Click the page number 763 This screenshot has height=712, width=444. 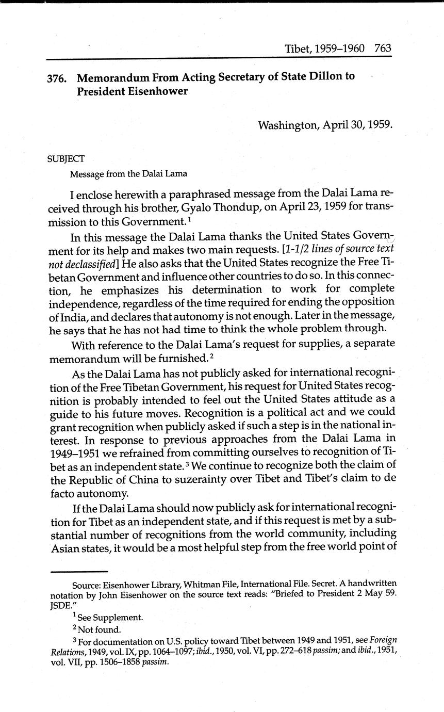tap(383, 49)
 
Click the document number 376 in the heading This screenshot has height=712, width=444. tap(56, 78)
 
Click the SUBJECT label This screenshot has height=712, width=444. tap(65, 159)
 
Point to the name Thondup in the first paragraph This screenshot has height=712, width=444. tap(221, 208)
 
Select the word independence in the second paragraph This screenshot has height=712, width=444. tap(82, 302)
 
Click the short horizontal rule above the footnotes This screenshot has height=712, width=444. tap(79, 571)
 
